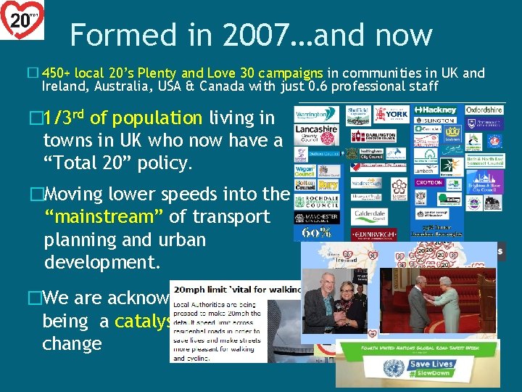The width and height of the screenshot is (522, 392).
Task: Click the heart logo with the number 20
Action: click(22, 20)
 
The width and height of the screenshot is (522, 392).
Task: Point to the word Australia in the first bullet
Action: click(117, 87)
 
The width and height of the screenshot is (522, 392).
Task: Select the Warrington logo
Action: click(316, 114)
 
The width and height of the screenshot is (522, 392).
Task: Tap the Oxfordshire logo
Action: click(484, 110)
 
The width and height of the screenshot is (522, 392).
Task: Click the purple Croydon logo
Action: click(429, 183)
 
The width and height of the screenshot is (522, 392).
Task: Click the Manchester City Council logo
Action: click(316, 217)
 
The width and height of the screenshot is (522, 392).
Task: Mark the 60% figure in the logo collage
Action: click(316, 234)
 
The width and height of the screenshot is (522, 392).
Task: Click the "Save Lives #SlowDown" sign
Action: click(431, 369)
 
